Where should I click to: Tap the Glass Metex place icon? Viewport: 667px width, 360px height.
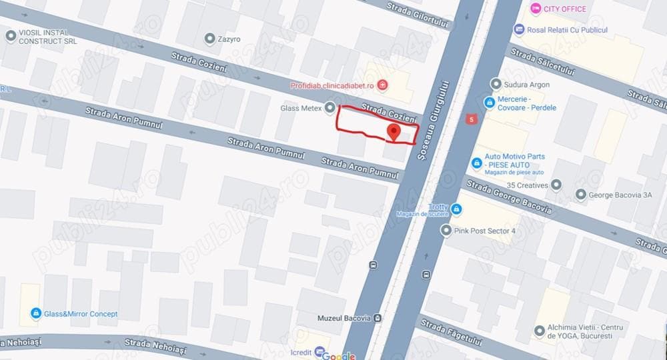pyautogui.click(x=329, y=108)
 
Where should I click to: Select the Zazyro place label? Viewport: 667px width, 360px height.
pyautogui.click(x=229, y=39)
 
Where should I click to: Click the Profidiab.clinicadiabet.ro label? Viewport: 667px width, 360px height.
pyautogui.click(x=332, y=85)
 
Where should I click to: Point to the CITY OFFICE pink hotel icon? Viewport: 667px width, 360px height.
pyautogui.click(x=535, y=9)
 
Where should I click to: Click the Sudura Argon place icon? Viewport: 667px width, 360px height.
pyautogui.click(x=496, y=84)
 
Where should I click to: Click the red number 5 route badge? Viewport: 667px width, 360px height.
pyautogui.click(x=472, y=119)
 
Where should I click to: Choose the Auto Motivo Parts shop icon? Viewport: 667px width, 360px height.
pyautogui.click(x=476, y=163)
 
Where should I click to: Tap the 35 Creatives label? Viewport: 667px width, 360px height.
pyautogui.click(x=527, y=185)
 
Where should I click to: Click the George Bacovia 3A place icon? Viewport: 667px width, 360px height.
pyautogui.click(x=580, y=195)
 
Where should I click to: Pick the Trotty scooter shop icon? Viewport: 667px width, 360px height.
pyautogui.click(x=456, y=210)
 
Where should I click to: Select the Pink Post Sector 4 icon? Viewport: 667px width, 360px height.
pyautogui.click(x=446, y=230)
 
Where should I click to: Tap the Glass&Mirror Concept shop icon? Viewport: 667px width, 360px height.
pyautogui.click(x=35, y=313)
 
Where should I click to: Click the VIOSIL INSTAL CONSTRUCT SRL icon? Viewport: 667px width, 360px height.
pyautogui.click(x=10, y=36)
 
